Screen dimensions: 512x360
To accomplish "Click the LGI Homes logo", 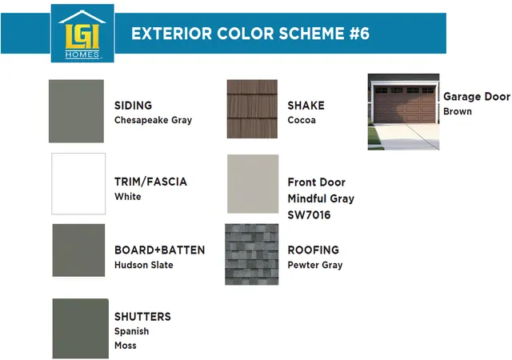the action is coord(82,34).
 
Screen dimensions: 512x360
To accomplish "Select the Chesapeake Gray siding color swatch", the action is coord(77,111).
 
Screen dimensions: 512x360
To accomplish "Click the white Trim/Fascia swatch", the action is coord(78,183).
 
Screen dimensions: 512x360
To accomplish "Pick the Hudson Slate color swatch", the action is coord(78,250).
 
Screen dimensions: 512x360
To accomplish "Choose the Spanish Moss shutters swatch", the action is coord(81,328).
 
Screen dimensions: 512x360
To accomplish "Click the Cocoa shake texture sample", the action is coord(252,109).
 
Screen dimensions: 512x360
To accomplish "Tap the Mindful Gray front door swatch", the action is coord(253,184).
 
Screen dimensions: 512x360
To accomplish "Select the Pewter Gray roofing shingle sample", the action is coord(252,254).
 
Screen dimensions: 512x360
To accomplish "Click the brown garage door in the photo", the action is coord(405,105).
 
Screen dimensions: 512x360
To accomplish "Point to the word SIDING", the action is coord(134,106).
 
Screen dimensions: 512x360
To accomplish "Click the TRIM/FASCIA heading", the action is coord(150,182).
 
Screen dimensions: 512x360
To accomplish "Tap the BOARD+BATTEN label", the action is coord(160,250).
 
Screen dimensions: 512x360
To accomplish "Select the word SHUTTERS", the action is coord(142,317).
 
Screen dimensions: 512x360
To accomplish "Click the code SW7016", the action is coord(309,215).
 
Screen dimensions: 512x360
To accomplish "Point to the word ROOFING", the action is coord(313,250).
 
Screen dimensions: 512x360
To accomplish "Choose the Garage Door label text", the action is coord(477,96).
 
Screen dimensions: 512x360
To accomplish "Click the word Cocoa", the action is coord(302,120).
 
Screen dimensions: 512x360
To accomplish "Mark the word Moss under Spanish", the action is coord(126,346).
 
